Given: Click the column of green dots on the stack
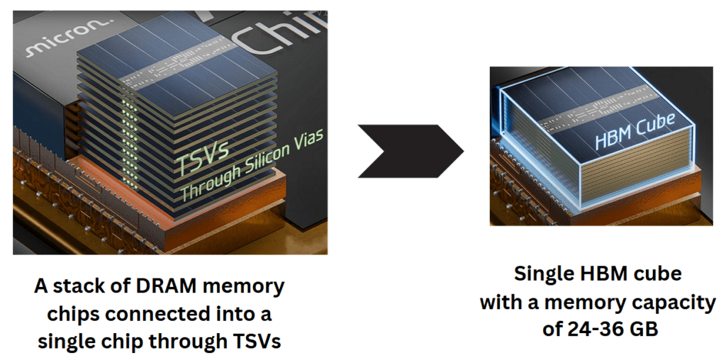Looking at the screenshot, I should click(128, 142).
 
